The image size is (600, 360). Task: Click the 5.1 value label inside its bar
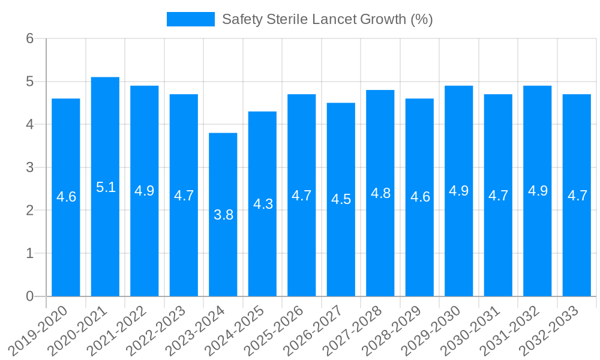click(x=106, y=187)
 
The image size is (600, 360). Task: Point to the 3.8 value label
click(x=223, y=215)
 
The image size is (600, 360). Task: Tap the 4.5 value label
click(x=341, y=200)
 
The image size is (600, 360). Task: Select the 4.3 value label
click(x=263, y=204)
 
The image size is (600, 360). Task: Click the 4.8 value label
click(x=380, y=193)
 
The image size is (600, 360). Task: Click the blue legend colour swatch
click(x=190, y=19)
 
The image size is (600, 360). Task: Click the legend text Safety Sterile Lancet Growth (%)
click(x=327, y=19)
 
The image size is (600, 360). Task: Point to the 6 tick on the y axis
click(x=29, y=38)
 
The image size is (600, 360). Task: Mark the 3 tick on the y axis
click(x=29, y=167)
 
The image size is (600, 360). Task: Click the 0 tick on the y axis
click(x=29, y=296)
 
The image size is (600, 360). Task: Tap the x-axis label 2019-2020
click(x=39, y=330)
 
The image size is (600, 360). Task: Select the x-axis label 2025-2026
click(x=275, y=330)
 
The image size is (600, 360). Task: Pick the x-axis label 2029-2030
click(x=432, y=330)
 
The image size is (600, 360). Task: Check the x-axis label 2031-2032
click(x=511, y=330)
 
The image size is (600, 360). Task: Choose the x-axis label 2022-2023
click(x=157, y=330)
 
